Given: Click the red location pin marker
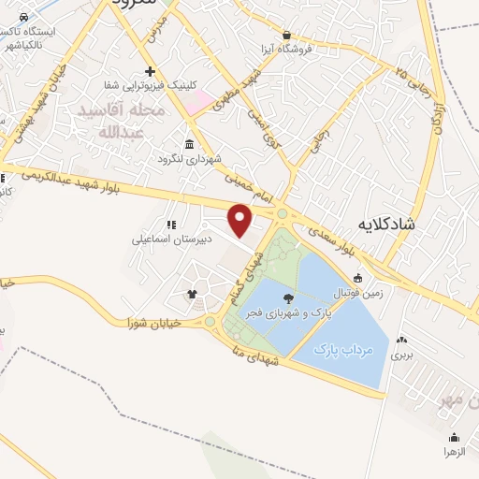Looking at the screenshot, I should [x=241, y=221].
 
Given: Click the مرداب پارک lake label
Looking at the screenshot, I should [x=337, y=349].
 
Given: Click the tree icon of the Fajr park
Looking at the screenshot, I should [x=287, y=299].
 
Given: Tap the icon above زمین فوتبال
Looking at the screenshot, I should [x=359, y=278].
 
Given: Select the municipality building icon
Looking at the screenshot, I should [x=190, y=144].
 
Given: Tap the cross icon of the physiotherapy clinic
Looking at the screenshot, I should [x=150, y=72].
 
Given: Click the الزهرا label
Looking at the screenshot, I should [x=456, y=451].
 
